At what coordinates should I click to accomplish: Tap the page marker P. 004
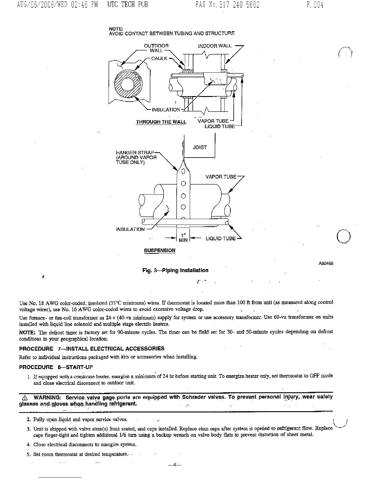click(x=315, y=5)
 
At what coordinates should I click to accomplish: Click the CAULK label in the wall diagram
click(x=159, y=58)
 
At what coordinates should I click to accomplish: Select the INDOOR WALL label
click(x=215, y=46)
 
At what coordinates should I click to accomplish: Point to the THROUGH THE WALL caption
click(x=161, y=122)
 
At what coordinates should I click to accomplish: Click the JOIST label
click(x=200, y=148)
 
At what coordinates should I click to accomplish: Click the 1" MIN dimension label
click(x=183, y=238)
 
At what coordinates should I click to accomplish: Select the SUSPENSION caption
click(x=159, y=250)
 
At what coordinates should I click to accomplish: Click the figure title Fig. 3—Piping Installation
click(x=175, y=270)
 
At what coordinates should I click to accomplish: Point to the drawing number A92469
click(x=326, y=263)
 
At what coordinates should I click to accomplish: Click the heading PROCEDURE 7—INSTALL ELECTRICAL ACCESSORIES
click(x=92, y=348)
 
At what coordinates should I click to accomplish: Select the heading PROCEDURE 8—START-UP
click(x=56, y=367)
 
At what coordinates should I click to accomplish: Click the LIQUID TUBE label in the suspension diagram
click(x=220, y=238)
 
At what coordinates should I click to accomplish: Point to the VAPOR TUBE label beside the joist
click(x=221, y=177)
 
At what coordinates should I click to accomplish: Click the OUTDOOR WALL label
click(x=156, y=48)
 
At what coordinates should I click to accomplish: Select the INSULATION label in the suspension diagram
click(x=130, y=229)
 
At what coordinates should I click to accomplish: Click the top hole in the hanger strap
click(x=183, y=172)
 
